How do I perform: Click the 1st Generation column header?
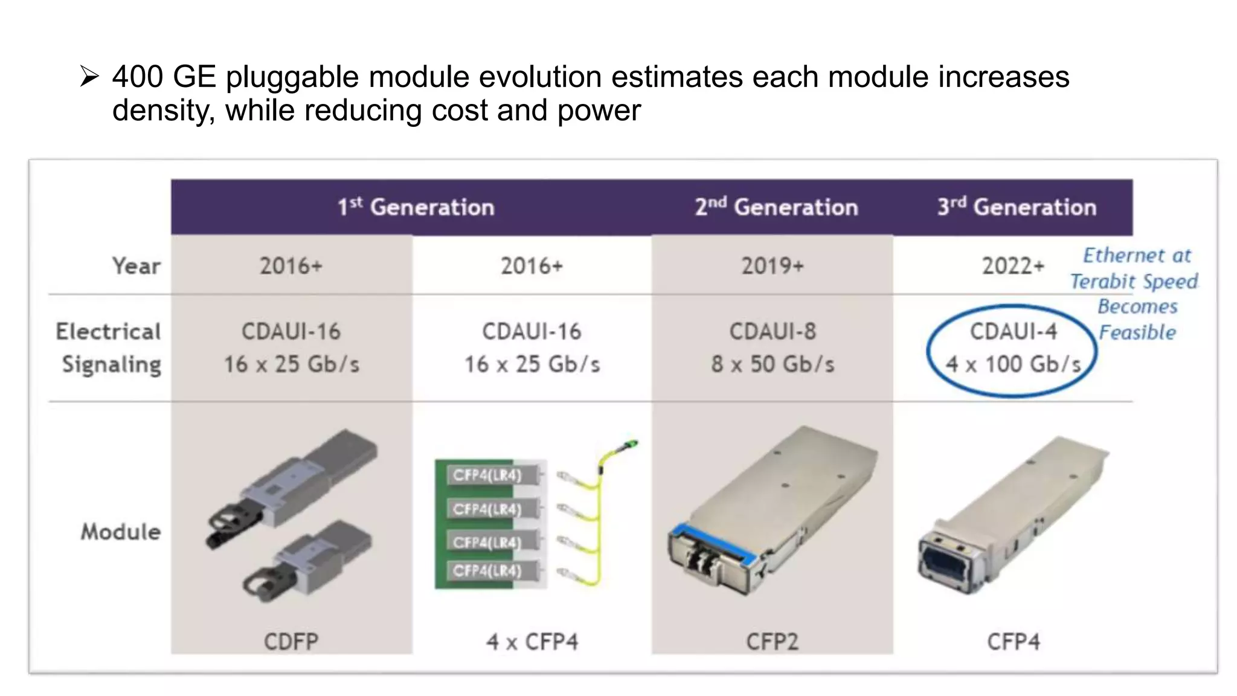click(416, 207)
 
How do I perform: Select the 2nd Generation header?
click(776, 207)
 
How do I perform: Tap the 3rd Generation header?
click(1017, 207)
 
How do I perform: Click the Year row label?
click(137, 266)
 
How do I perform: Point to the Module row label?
click(121, 532)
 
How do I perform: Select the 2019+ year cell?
click(773, 266)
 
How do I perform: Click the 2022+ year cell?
click(1013, 266)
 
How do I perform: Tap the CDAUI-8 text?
click(773, 331)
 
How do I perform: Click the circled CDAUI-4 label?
click(1013, 331)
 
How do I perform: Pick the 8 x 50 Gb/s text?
click(773, 364)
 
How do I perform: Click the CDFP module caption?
click(291, 641)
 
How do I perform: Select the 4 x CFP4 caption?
click(532, 641)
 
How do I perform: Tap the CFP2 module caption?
click(773, 641)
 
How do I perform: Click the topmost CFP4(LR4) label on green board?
click(487, 475)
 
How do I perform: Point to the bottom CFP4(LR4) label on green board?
click(487, 571)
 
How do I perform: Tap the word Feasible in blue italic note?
click(1137, 332)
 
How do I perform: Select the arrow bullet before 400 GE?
click(89, 77)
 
